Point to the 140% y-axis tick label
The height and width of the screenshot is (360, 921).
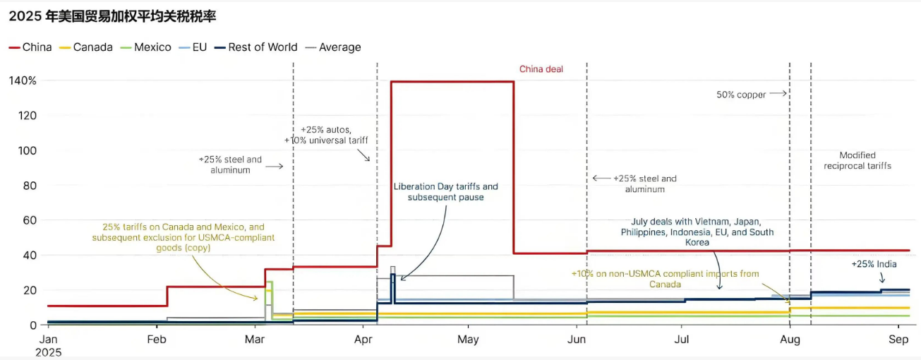[23, 80]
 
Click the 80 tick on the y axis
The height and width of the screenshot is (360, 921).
[30, 186]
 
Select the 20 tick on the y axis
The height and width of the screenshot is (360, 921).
[30, 290]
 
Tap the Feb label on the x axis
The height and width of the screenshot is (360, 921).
[156, 340]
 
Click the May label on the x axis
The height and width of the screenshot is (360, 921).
[468, 340]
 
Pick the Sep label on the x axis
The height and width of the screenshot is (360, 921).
[898, 340]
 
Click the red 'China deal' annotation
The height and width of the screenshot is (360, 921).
[541, 69]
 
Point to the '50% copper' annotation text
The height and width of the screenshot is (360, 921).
[741, 95]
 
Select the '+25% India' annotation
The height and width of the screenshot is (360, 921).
[873, 264]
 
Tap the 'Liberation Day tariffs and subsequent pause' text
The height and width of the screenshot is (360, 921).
[445, 191]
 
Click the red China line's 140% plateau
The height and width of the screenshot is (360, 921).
[452, 82]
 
